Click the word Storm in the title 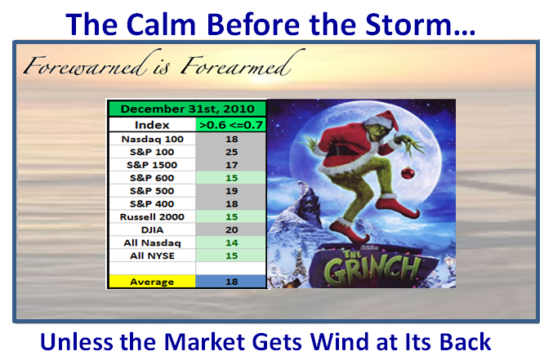pos(421,24)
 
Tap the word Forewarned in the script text pos(85,64)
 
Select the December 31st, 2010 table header pos(187,109)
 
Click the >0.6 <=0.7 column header pos(231,125)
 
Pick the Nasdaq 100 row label pos(153,140)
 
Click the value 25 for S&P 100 pos(231,153)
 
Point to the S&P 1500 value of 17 pos(231,165)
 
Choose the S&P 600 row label pos(152,178)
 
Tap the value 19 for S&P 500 pos(231,191)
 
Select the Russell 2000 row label pos(152,217)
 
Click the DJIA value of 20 pos(231,230)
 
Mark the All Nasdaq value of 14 pos(231,243)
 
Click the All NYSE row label pos(152,256)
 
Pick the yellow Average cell pos(152,282)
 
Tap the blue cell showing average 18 pos(231,282)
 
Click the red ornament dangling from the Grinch pos(408,172)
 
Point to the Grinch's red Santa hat pos(382,120)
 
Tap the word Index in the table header pos(152,125)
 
